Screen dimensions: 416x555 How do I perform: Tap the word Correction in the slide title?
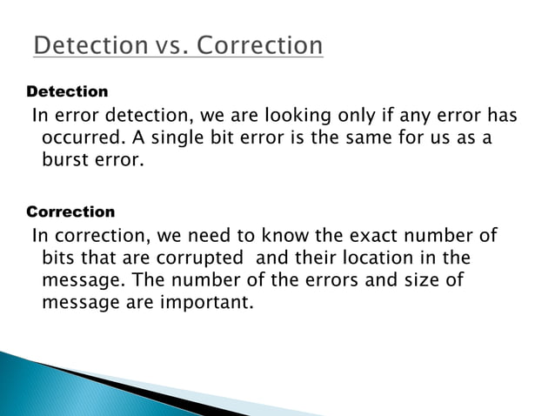tap(258, 44)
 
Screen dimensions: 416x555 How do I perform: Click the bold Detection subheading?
tap(68, 91)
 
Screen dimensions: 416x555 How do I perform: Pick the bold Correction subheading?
tap(71, 211)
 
